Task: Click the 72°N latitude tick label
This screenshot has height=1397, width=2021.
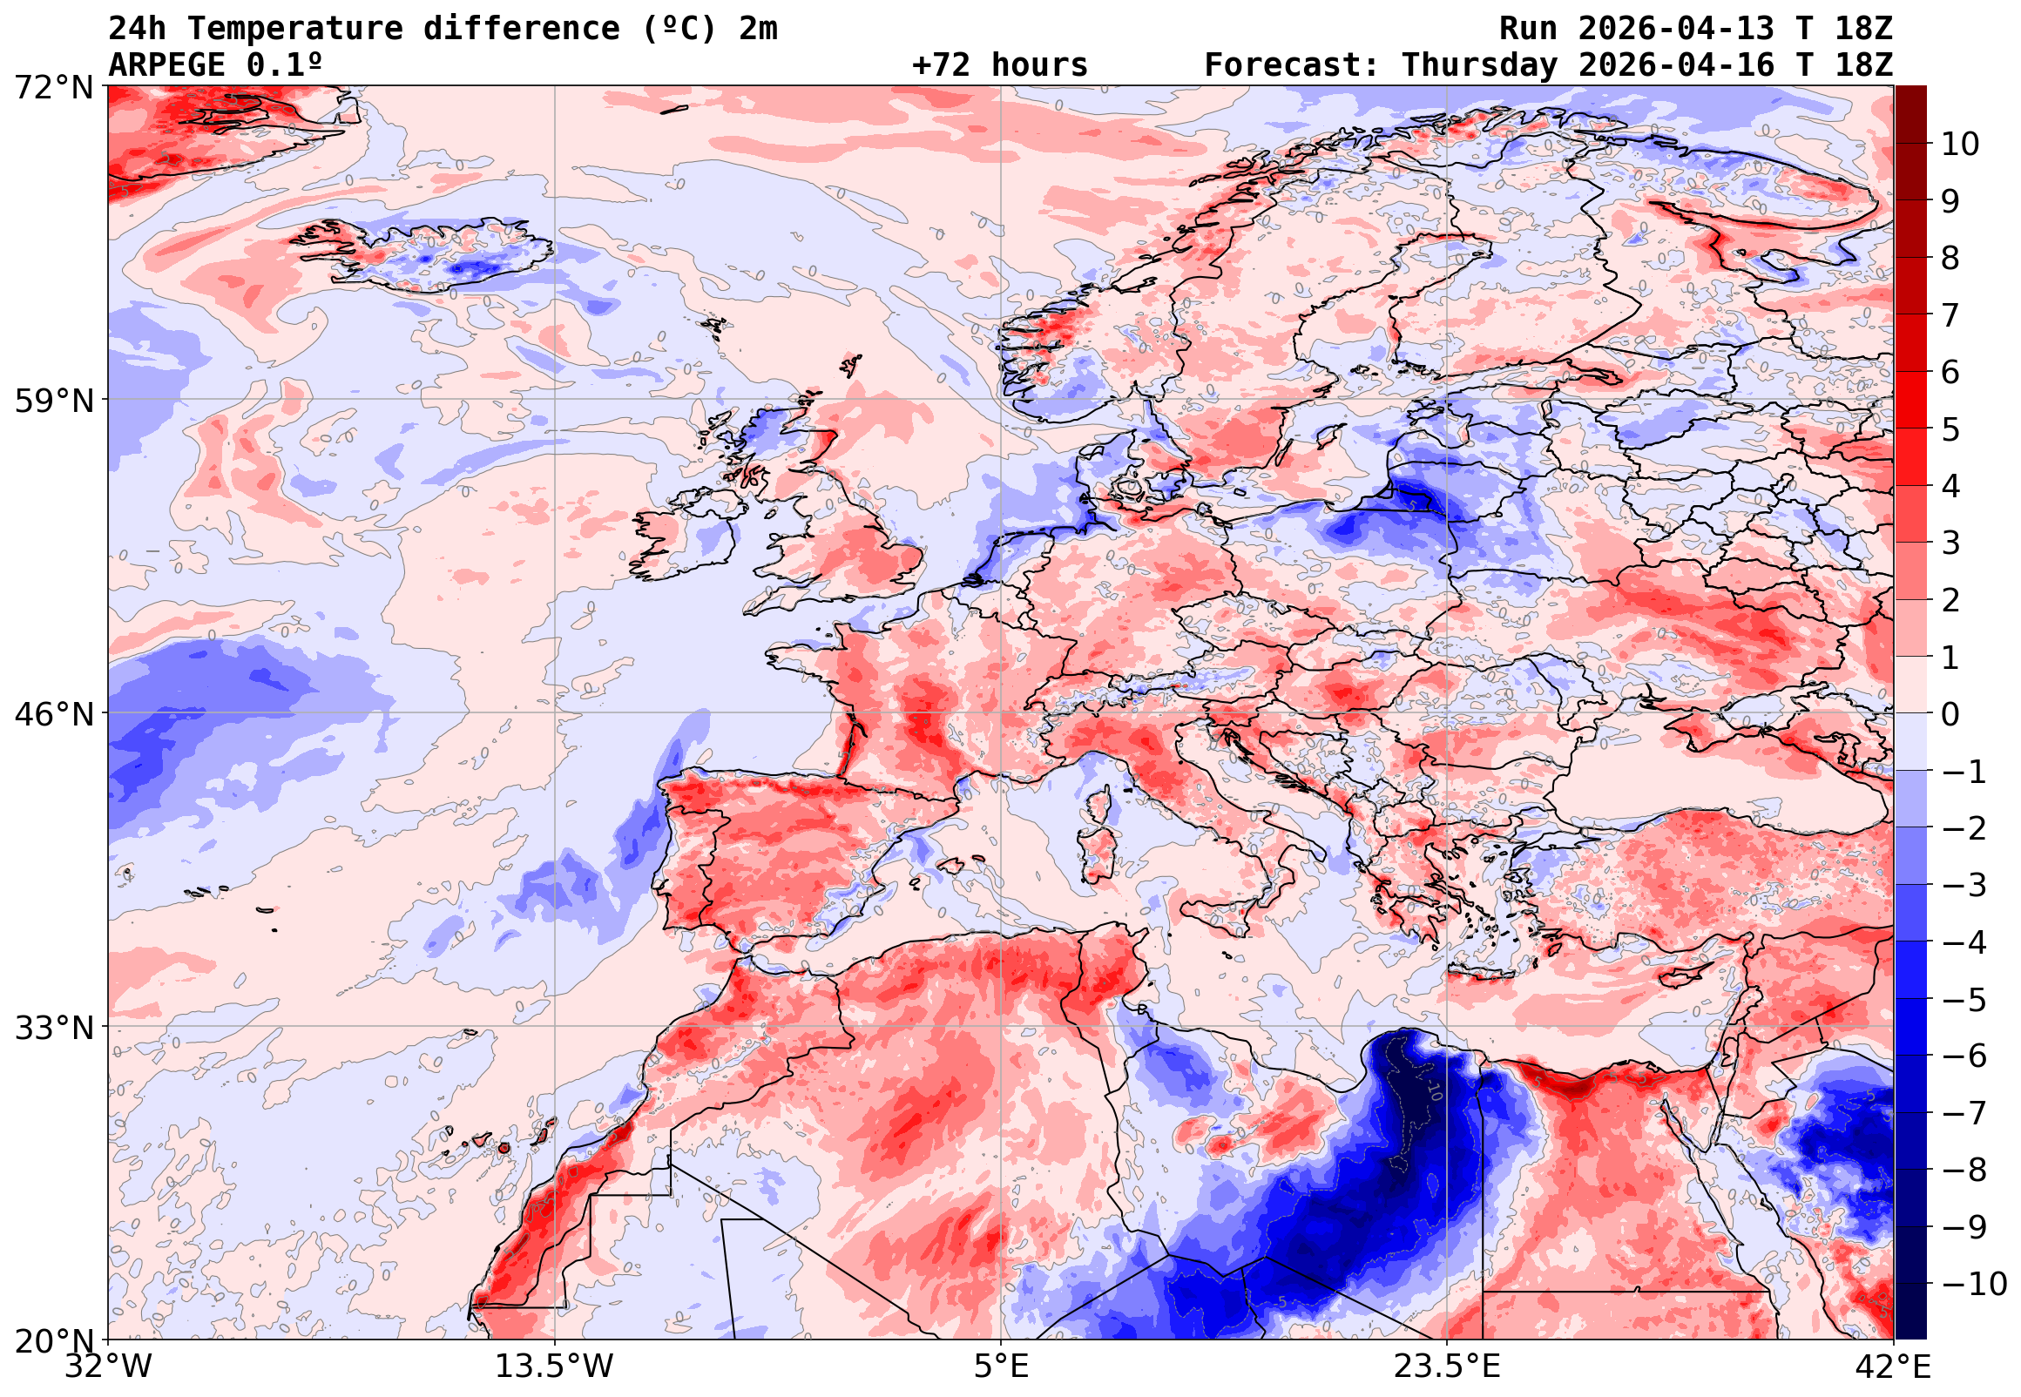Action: point(53,88)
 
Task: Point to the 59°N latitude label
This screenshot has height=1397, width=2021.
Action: point(53,401)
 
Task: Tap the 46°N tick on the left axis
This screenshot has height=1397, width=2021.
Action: point(53,714)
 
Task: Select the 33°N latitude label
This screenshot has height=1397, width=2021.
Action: point(53,1028)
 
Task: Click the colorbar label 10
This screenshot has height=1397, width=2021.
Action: point(1960,145)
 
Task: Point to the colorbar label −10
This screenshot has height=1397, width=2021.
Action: point(1973,1285)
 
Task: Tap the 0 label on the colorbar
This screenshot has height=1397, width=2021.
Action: point(1950,714)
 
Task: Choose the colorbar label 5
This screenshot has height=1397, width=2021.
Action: point(1950,429)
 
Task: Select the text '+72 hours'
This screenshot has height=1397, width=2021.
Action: point(999,65)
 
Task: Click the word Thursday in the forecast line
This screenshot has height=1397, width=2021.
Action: point(1479,65)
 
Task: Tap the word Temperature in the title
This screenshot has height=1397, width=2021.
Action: point(295,29)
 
